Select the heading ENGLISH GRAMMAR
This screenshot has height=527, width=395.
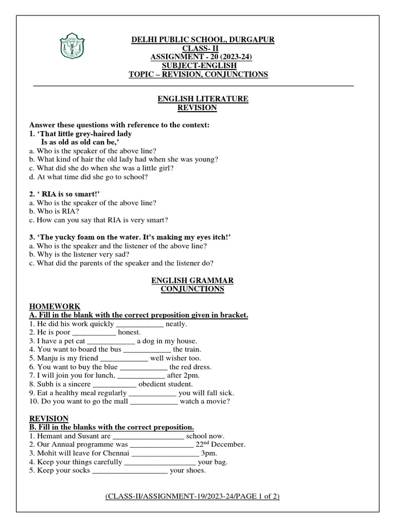192,280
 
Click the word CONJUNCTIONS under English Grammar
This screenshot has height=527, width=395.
192,289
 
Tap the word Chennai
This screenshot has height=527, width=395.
115,453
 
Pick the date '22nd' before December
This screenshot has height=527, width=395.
203,444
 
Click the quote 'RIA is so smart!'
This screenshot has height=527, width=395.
69,194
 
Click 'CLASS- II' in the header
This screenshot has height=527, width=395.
198,48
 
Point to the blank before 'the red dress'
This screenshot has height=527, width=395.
143,367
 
